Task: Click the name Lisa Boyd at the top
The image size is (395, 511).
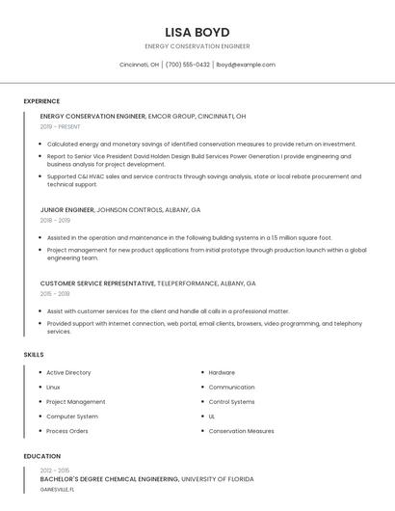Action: [x=197, y=32]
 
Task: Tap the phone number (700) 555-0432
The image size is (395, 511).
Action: [x=187, y=65]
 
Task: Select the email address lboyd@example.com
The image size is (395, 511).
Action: [x=245, y=65]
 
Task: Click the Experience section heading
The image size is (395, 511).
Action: [x=41, y=101]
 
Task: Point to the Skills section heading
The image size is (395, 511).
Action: [x=34, y=355]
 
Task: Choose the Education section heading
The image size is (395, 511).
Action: [x=42, y=456]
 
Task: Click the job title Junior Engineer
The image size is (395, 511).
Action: [x=67, y=209]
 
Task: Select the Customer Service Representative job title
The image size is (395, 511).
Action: [x=97, y=283]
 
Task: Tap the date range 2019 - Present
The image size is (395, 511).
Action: [x=60, y=126]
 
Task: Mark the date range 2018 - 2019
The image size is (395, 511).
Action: [x=55, y=220]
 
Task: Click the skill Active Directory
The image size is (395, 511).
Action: [x=68, y=372]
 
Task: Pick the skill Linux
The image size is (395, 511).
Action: [x=53, y=387]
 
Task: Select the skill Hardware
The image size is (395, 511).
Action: [x=222, y=372]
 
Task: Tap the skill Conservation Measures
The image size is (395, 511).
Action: [x=241, y=431]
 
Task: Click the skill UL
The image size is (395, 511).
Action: [x=212, y=417]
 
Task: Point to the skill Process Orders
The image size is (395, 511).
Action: [x=67, y=431]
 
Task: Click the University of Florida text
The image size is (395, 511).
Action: [x=218, y=478]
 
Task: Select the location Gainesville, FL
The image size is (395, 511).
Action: [x=57, y=489]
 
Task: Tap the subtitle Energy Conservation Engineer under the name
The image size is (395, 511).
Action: [x=197, y=46]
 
